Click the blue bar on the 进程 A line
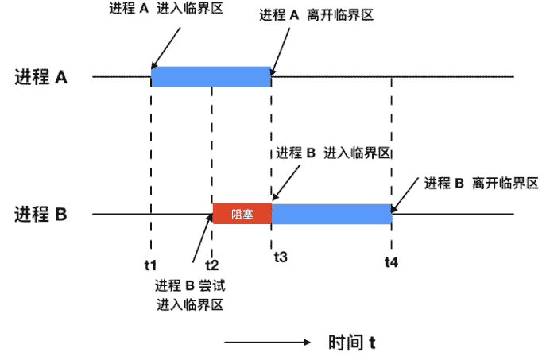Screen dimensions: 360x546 pyautogui.click(x=211, y=76)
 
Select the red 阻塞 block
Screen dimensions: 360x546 pyautogui.click(x=242, y=214)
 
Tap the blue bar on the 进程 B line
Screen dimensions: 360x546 pyautogui.click(x=331, y=214)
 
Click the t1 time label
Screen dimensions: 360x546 pyautogui.click(x=151, y=262)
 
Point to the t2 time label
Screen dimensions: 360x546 pyautogui.click(x=211, y=262)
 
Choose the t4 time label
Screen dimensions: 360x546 pyautogui.click(x=392, y=261)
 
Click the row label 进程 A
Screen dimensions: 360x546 pyautogui.click(x=41, y=78)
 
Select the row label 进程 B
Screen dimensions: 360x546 pyautogui.click(x=41, y=215)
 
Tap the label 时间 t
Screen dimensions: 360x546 pyautogui.click(x=351, y=343)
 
